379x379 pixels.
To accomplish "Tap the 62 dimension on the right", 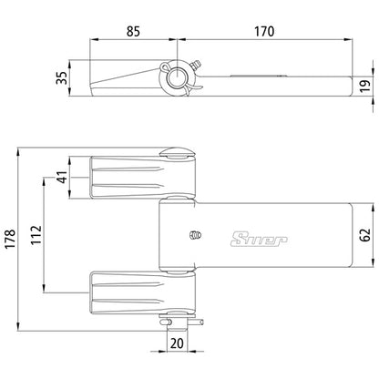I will click(364, 236).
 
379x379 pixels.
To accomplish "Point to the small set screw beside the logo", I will click(194, 235).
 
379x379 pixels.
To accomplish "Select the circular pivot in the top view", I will click(175, 79).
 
